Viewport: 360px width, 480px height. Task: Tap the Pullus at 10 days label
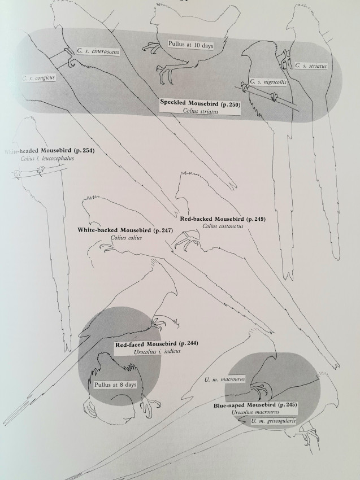point(190,44)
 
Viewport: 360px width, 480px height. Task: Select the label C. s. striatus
point(310,66)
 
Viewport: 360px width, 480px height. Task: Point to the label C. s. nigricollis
point(274,81)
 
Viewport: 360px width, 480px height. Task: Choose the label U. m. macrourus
point(224,380)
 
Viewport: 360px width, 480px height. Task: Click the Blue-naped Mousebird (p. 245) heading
point(256,405)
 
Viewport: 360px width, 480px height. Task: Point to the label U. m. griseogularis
point(274,421)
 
